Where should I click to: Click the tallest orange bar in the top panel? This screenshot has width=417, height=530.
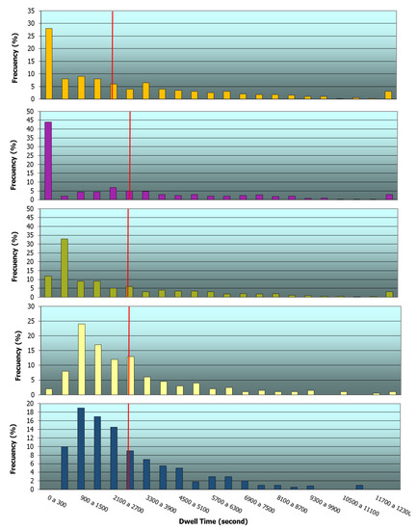coord(48,64)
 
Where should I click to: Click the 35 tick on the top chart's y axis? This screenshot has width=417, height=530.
coord(34,12)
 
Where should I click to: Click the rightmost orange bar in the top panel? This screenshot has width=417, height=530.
coord(388,94)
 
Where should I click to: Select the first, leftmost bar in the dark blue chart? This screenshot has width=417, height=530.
coord(65,468)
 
